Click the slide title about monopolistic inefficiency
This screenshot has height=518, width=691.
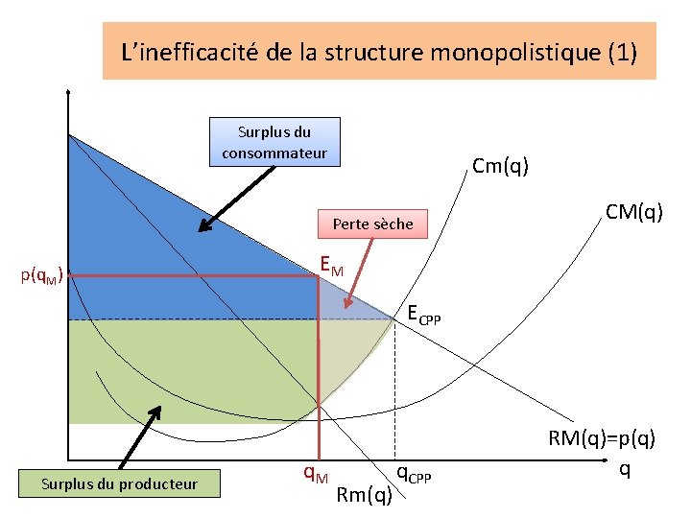[x=379, y=51]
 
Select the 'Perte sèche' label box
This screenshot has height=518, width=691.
[x=372, y=224]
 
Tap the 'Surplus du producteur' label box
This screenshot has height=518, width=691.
[x=119, y=483]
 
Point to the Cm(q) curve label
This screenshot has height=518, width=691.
[x=500, y=166]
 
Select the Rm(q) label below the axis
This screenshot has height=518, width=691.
[x=365, y=495]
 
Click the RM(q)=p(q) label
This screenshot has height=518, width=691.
[x=602, y=439]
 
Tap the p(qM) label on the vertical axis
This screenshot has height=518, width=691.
[x=42, y=277]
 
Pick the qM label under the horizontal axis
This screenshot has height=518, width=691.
[x=316, y=472]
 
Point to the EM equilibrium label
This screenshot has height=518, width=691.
[x=331, y=265]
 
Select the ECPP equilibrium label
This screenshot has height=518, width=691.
[x=423, y=314]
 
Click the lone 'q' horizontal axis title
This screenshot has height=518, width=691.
[x=625, y=469]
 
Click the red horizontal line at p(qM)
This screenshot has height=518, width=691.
[x=192, y=276]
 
